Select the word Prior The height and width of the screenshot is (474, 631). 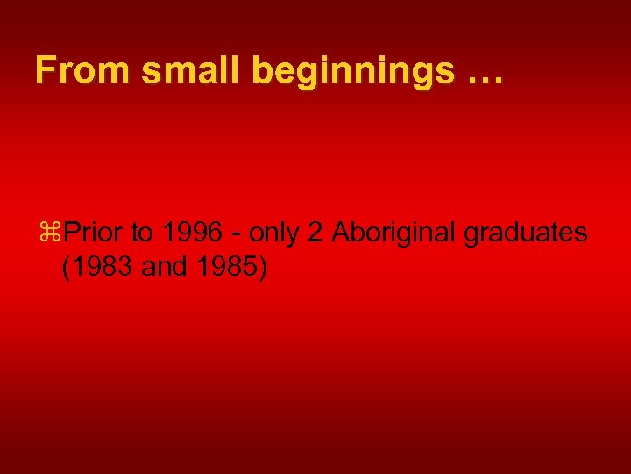click(93, 233)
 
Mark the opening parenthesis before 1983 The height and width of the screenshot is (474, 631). click(67, 267)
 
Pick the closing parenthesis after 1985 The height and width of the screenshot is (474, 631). click(260, 267)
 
